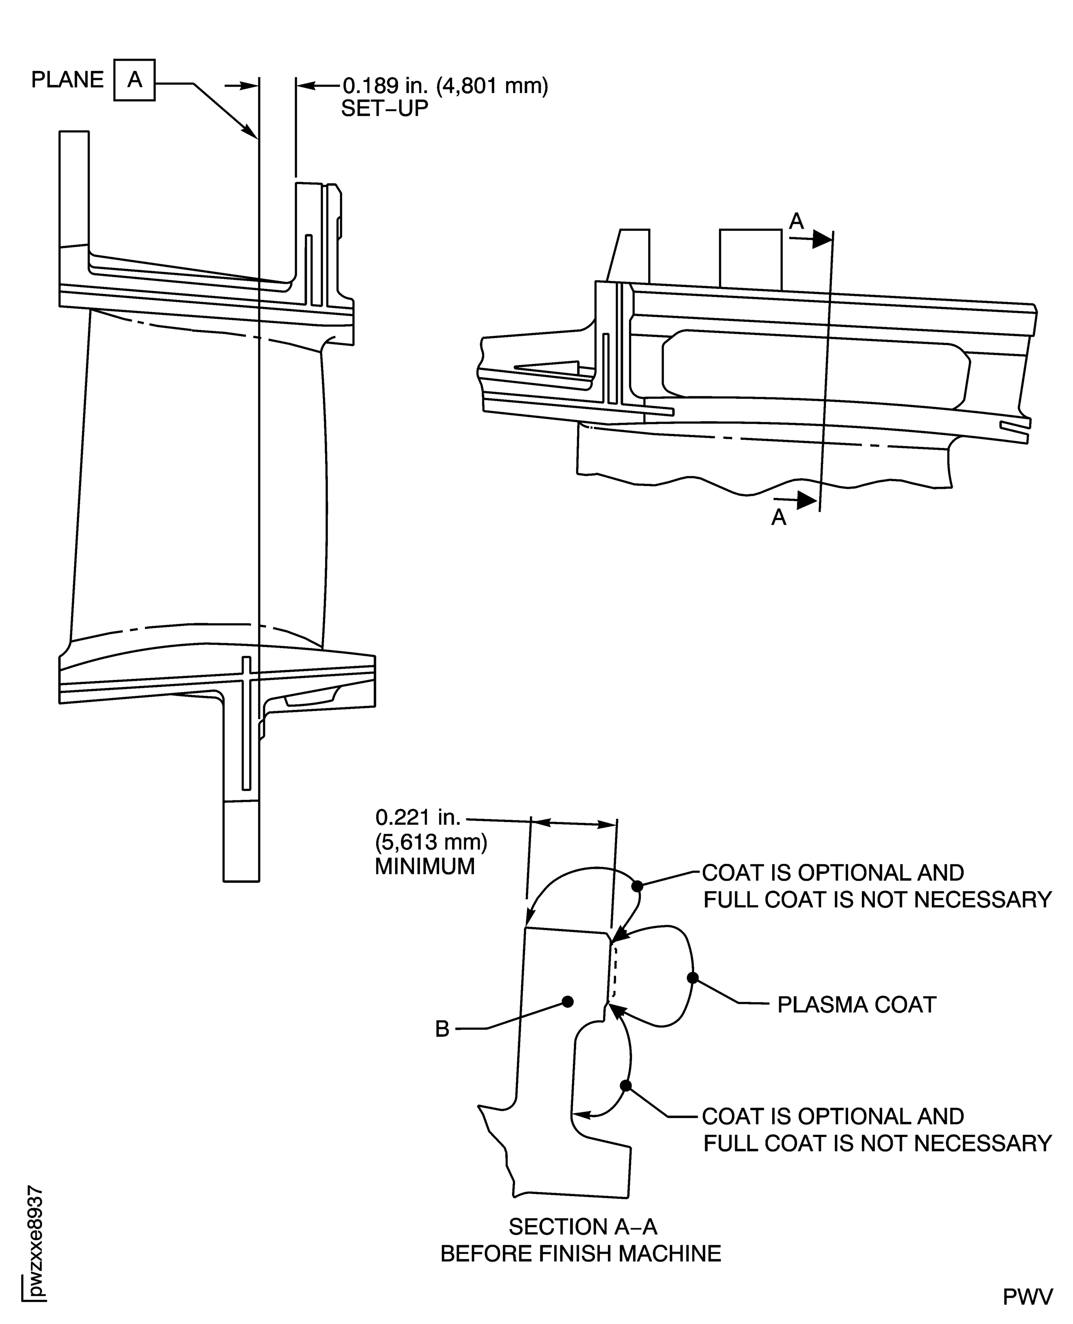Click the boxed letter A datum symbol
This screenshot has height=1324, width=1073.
point(134,80)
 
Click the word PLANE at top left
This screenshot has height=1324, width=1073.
point(67,80)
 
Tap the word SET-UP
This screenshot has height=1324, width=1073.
point(384,109)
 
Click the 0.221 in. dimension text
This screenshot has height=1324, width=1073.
point(418,818)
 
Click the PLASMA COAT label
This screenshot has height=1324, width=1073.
point(856,1005)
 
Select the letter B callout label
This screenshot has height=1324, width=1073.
point(442,1029)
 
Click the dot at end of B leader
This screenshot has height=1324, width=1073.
point(568,1001)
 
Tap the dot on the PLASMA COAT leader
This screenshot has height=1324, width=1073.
point(693,977)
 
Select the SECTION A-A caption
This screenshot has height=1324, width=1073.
point(582,1226)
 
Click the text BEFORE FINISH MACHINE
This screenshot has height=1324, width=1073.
point(580,1254)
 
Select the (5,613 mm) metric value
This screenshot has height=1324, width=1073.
point(431,842)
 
